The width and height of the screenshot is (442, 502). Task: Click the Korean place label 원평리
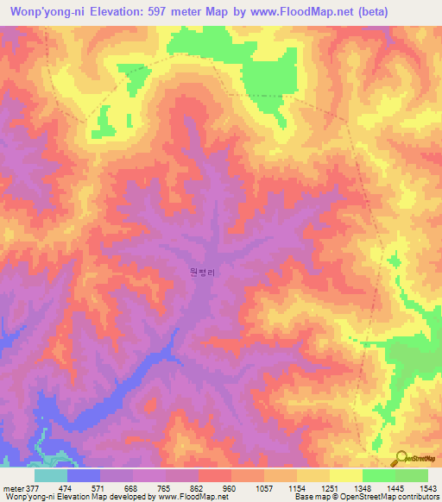pyautogui.click(x=200, y=271)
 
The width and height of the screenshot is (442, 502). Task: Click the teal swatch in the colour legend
pyautogui.click(x=50, y=475)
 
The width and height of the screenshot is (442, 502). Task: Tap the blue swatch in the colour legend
pyautogui.click(x=83, y=475)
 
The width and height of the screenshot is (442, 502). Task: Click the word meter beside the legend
pyautogui.click(x=13, y=487)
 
